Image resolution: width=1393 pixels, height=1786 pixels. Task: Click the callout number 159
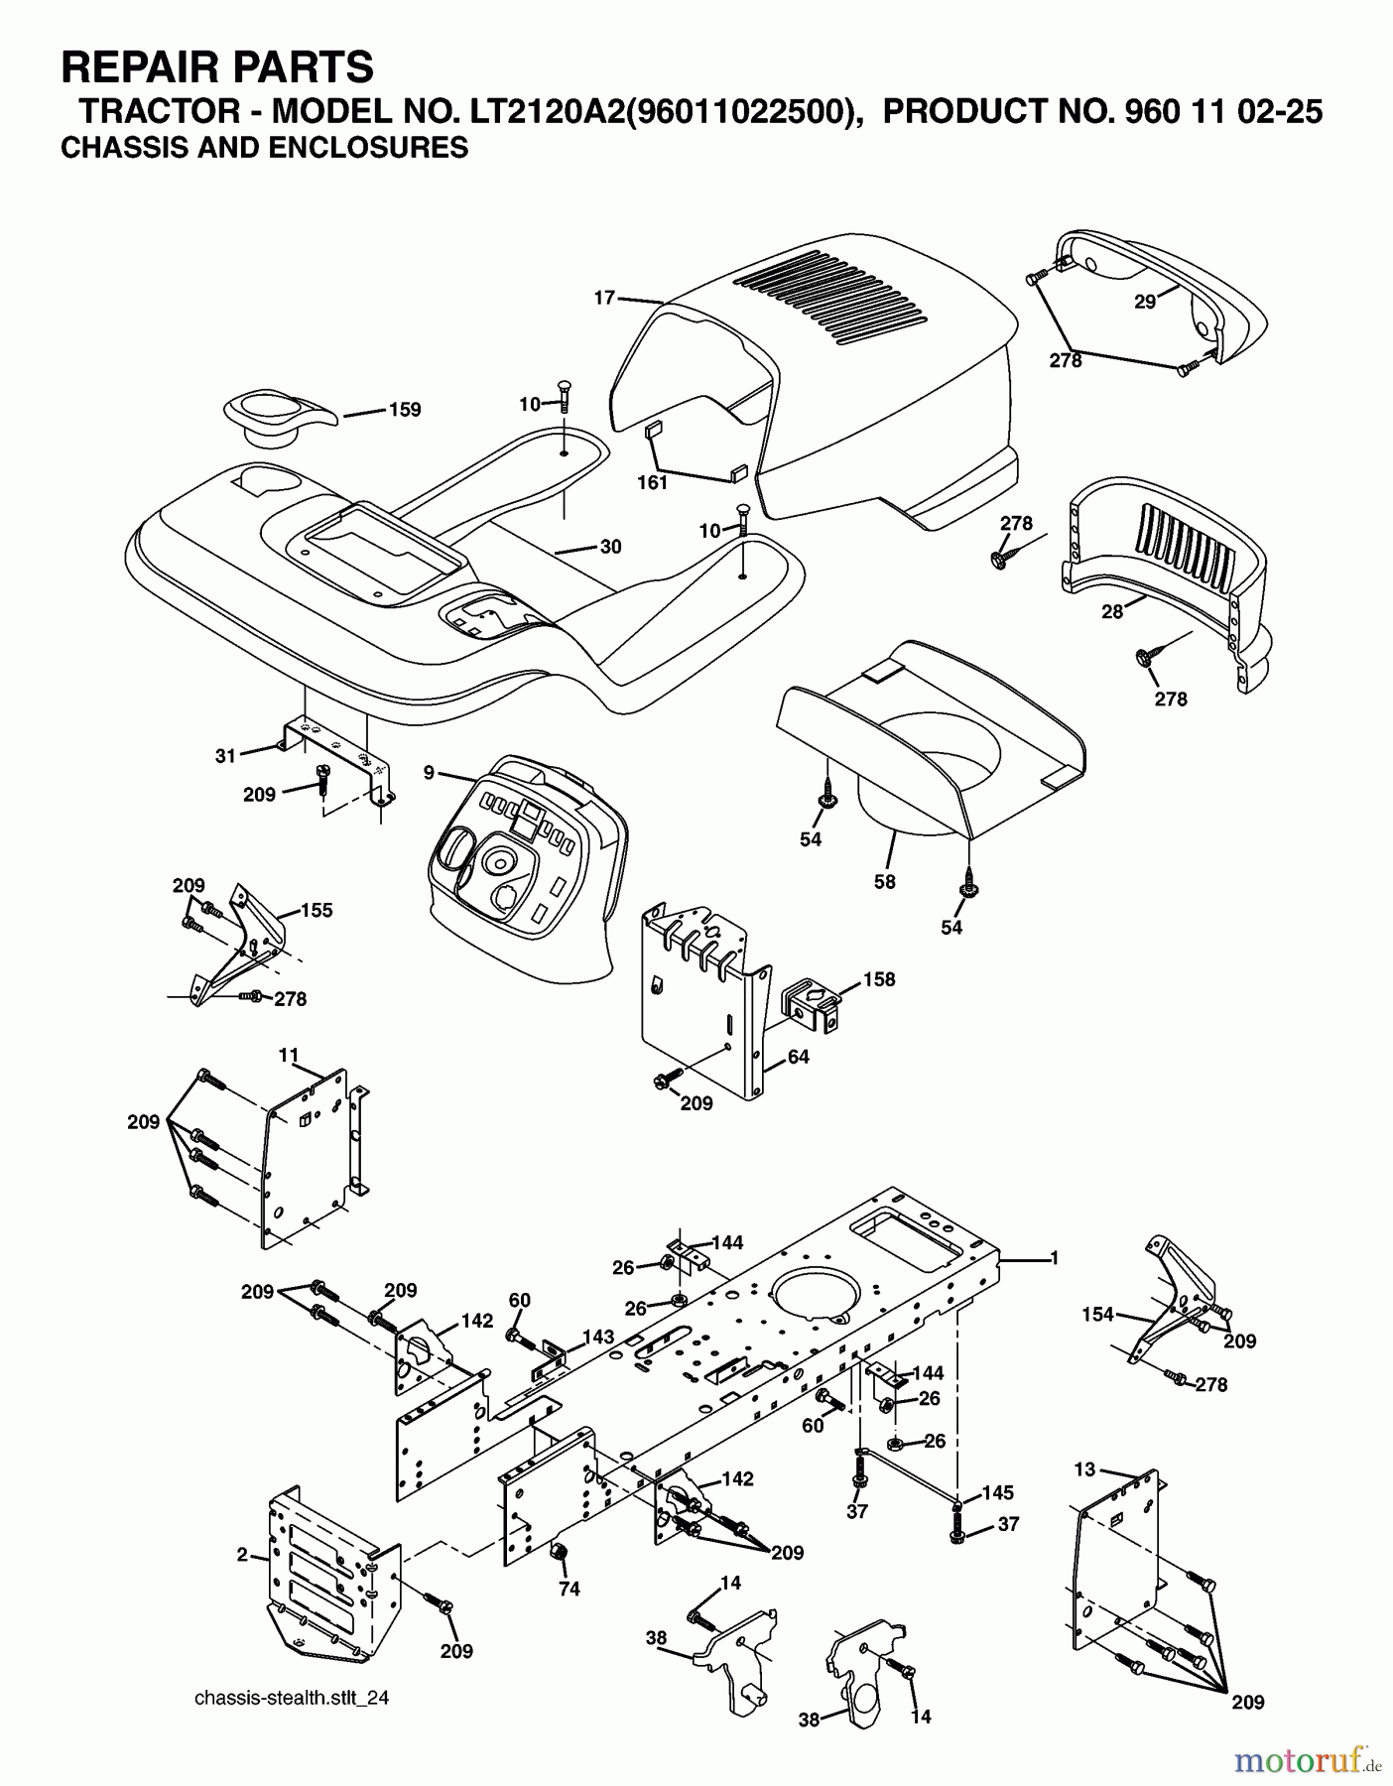pyautogui.click(x=405, y=410)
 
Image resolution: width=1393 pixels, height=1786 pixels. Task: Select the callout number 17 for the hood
pyautogui.click(x=605, y=296)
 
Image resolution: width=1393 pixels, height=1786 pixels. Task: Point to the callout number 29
pyautogui.click(x=1145, y=302)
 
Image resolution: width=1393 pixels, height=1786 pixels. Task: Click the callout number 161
pyautogui.click(x=652, y=483)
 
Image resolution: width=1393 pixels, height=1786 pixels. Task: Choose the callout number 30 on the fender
pyautogui.click(x=610, y=547)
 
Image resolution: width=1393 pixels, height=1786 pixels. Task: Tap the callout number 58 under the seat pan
pyautogui.click(x=884, y=881)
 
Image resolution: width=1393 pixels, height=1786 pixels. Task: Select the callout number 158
pyautogui.click(x=878, y=979)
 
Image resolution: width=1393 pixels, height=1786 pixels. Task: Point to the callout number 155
pyautogui.click(x=317, y=910)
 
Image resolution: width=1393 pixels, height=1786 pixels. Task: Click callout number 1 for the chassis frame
pyautogui.click(x=1055, y=1258)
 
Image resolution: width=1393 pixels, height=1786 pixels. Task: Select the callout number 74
pyautogui.click(x=569, y=1589)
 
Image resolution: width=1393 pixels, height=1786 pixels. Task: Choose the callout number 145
pyautogui.click(x=998, y=1493)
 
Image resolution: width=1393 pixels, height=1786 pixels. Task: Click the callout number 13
pyautogui.click(x=1085, y=1467)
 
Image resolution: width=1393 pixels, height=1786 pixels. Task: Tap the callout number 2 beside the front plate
pyautogui.click(x=242, y=1555)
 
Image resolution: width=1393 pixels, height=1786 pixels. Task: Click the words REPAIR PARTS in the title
pyautogui.click(x=217, y=67)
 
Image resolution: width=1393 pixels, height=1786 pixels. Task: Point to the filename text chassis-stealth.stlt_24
pyautogui.click(x=292, y=1698)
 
